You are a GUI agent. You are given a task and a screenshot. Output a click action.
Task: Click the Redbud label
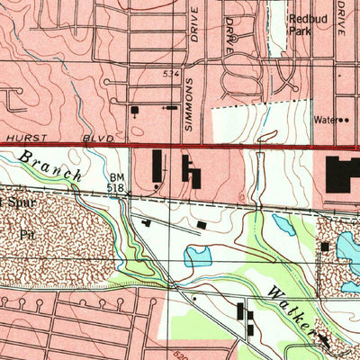click(304, 18)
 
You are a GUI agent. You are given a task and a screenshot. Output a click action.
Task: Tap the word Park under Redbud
click(300, 30)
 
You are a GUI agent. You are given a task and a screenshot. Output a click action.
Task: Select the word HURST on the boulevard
click(21, 138)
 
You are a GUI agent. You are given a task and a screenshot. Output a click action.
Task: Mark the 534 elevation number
click(172, 72)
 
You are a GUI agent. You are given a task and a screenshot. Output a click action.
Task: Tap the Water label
click(325, 119)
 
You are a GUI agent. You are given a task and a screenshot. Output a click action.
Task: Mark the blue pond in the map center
click(198, 256)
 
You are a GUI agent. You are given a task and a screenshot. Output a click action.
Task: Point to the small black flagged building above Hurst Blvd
click(135, 111)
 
